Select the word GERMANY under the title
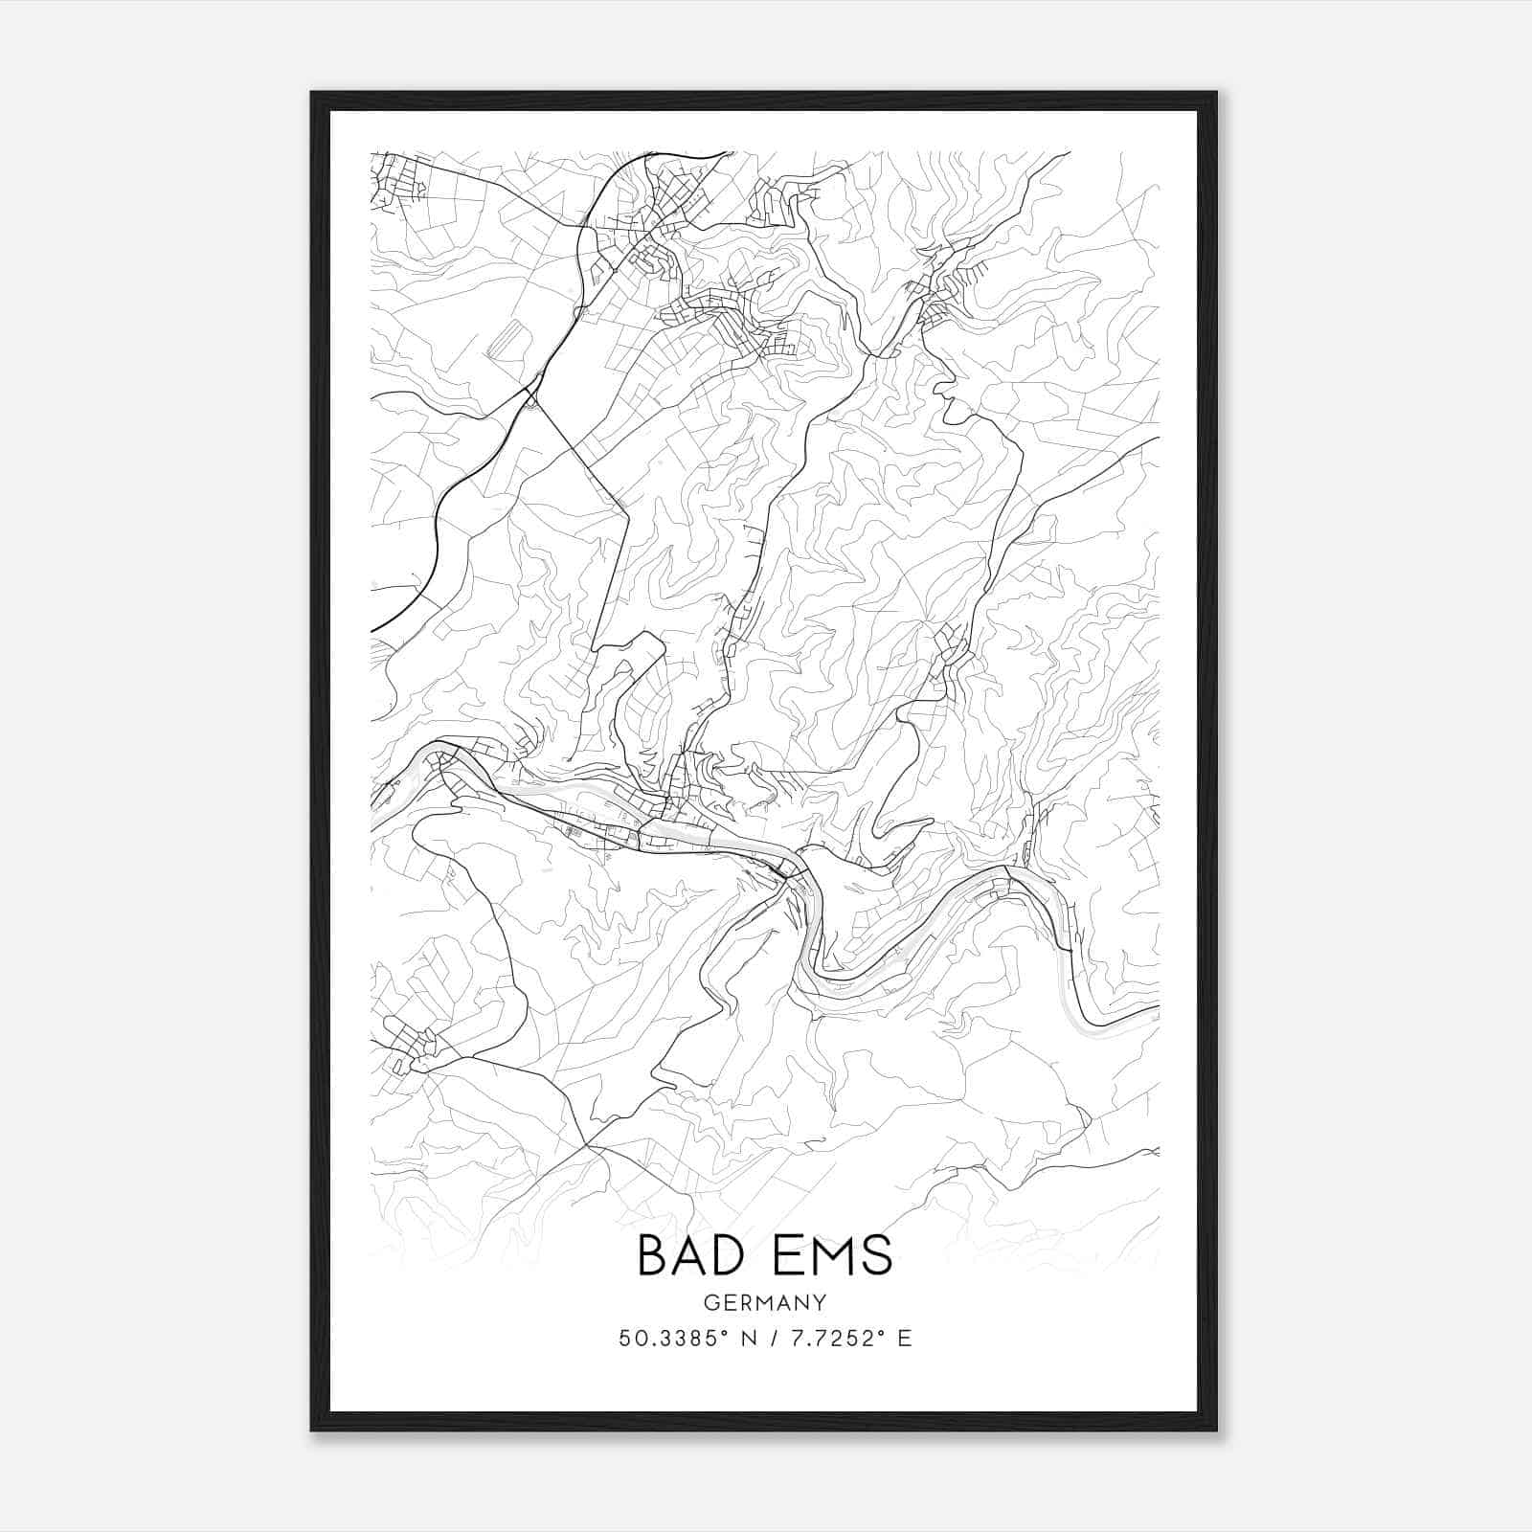coord(764,1302)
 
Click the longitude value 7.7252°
coord(828,1339)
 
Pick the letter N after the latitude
coord(749,1339)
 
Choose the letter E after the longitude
coord(905,1339)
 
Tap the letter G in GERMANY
coord(710,1302)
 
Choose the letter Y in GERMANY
coord(820,1302)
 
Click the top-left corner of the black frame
coord(312,94)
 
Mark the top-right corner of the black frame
coord(1215,94)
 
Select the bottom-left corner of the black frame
coord(312,1430)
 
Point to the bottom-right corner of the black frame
coord(1215,1430)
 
